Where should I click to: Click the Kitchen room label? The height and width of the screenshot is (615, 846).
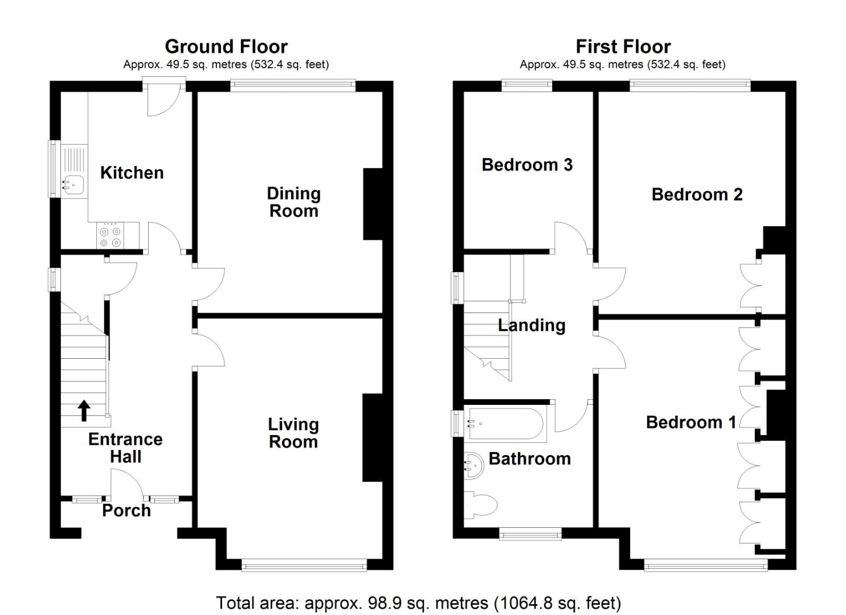pos(132,173)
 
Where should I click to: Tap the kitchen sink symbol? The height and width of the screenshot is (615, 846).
pos(74,184)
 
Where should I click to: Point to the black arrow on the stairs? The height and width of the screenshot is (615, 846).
pos(84,410)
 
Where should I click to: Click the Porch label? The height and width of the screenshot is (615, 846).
pos(126,510)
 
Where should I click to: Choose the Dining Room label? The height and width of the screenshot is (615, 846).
pos(293,202)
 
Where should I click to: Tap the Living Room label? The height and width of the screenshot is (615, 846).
pos(293,433)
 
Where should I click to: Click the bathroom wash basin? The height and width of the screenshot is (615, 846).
pos(474,464)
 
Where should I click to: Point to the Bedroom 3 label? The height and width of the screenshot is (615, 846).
pos(527,165)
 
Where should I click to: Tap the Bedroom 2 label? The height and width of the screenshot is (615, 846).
pos(697,195)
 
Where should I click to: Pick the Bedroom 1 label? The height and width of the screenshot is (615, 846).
pos(690,423)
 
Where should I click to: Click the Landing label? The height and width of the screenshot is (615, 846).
pos(532,325)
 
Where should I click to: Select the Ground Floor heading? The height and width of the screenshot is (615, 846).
pos(226,46)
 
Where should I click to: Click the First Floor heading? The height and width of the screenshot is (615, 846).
pos(623,46)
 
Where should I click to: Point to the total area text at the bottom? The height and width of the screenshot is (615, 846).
pos(418,602)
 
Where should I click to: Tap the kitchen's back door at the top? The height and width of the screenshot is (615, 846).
pos(163,100)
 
